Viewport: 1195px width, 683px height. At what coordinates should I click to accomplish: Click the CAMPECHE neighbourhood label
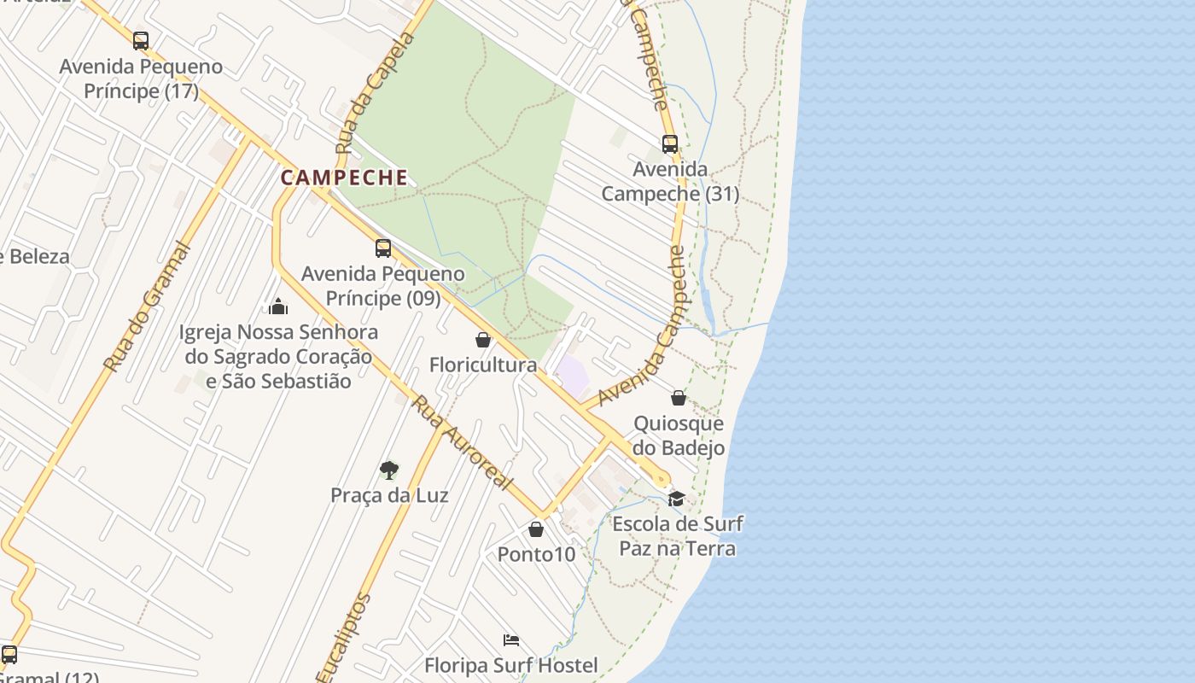point(344,178)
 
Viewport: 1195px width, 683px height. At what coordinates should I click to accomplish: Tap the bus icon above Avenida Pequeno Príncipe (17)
point(141,40)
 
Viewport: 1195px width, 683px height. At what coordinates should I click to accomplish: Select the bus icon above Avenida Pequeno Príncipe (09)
point(383,248)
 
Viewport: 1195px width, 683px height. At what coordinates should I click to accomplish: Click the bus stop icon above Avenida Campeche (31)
point(670,143)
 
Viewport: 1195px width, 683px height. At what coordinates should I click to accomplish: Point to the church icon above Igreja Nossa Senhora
point(278,306)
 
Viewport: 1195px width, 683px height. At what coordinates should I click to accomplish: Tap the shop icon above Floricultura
point(483,340)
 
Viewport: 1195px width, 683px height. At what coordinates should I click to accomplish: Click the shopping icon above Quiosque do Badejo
point(679,398)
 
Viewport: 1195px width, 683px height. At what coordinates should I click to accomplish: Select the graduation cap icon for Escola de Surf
point(677,499)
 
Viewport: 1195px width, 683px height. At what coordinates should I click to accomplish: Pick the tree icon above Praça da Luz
point(389,470)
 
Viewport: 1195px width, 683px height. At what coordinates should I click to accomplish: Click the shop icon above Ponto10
point(536,529)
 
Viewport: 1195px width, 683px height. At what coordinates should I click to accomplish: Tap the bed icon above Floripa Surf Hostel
point(511,640)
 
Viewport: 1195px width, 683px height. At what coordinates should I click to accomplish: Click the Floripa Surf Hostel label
point(511,665)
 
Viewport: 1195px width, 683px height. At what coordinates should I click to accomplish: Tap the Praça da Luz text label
point(389,495)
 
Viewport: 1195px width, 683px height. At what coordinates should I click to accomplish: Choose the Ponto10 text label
point(536,554)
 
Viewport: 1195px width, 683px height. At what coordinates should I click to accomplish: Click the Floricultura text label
point(483,365)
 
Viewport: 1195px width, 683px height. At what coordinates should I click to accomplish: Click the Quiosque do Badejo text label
point(679,435)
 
